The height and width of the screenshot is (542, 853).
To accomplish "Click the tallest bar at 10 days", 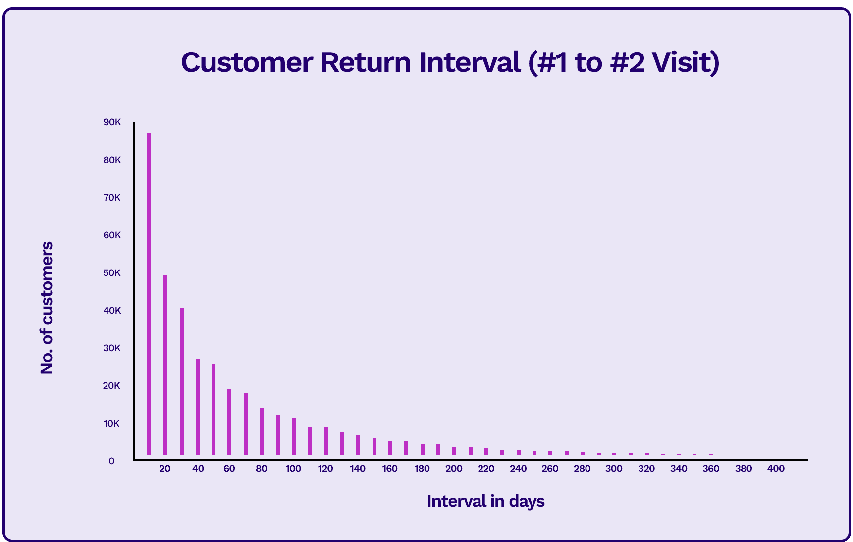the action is tap(149, 294).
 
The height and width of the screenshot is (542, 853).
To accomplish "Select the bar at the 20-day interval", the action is tap(165, 365).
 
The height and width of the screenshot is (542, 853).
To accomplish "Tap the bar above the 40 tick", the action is tap(198, 407).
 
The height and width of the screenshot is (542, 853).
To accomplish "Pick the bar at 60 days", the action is tap(229, 422).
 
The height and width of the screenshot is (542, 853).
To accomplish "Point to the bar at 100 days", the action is tap(294, 436).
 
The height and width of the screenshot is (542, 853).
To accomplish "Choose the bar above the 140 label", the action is tap(358, 445).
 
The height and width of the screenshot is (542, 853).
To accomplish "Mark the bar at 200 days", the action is tap(454, 451).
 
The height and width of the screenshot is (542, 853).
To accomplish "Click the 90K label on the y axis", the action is tap(112, 122).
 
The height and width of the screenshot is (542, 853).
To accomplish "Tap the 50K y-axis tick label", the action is tap(112, 273).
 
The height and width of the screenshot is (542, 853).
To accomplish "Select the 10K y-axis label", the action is tap(112, 424).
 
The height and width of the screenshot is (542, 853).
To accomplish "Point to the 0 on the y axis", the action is tap(112, 461).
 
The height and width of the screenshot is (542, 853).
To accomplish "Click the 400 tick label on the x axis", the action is tap(776, 469).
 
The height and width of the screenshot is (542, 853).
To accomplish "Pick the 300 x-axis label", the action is tap(614, 469).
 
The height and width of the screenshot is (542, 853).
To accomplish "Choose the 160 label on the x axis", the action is tap(390, 469).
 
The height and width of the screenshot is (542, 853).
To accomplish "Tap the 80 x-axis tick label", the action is tap(262, 469).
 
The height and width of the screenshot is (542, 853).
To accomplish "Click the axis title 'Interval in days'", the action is tap(485, 501).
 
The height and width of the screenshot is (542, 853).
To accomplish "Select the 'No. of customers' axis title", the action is tap(47, 308).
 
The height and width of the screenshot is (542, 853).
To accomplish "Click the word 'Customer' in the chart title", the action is tap(247, 62).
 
